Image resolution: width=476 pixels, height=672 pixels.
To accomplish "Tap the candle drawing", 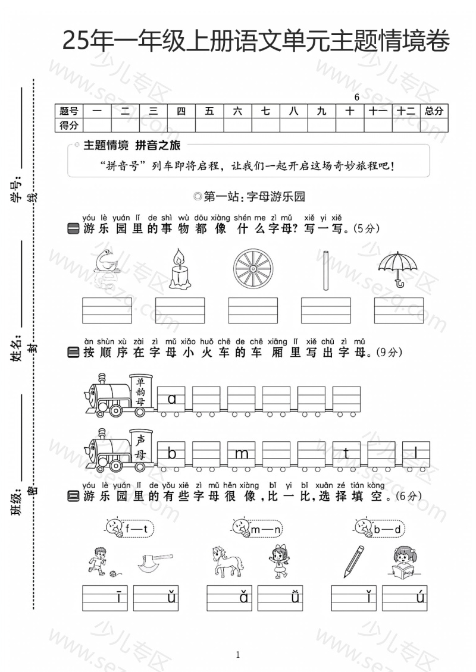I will [x=178, y=270].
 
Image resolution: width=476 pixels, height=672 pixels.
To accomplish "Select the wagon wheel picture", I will [x=252, y=269].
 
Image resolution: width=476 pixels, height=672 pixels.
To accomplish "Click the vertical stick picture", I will [x=326, y=270].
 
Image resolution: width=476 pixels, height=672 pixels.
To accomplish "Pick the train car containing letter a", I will [x=172, y=399].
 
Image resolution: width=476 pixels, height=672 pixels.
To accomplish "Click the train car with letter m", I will [x=242, y=454].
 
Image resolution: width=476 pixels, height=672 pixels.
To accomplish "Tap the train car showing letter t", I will [x=346, y=454].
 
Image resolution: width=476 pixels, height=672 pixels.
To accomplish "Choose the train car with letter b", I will [x=172, y=454].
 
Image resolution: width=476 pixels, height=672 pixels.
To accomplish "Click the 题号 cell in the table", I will [x=69, y=111].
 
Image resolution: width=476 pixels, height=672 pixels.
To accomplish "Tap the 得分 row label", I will [x=69, y=125].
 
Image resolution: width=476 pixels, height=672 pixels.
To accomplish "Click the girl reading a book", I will [x=408, y=562].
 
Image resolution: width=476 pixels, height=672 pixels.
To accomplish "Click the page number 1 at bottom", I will [x=238, y=655].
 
